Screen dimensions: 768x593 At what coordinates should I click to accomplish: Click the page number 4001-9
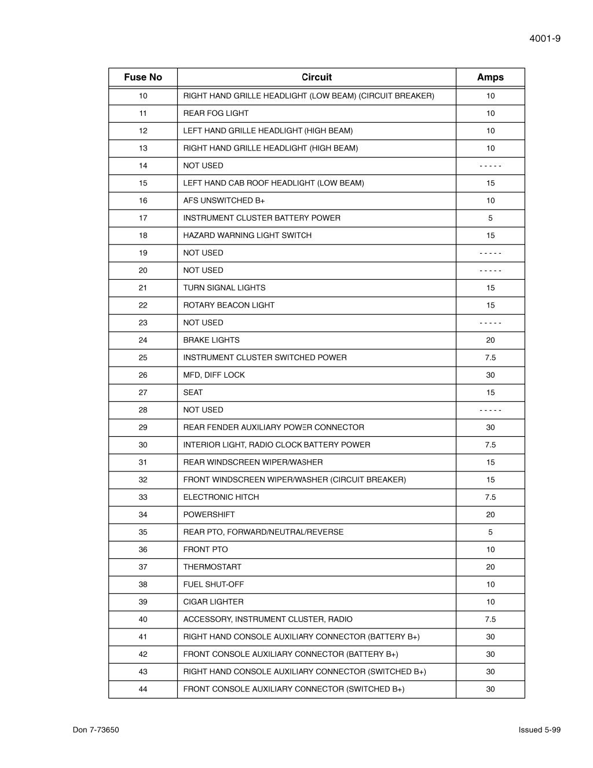[544, 39]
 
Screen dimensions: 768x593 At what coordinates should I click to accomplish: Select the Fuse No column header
[143, 77]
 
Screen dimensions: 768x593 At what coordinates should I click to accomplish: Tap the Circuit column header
[317, 77]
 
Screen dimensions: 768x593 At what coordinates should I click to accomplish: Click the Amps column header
[490, 77]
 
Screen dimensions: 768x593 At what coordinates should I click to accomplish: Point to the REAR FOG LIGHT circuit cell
[215, 114]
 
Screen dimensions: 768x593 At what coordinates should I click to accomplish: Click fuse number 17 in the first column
[143, 218]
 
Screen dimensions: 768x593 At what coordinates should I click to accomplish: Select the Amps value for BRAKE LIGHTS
[490, 341]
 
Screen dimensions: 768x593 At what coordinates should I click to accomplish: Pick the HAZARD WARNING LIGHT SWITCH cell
[247, 236]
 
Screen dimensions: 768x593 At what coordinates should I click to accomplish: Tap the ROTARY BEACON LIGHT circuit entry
[229, 305]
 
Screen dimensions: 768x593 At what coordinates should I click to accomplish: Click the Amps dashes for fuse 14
[490, 166]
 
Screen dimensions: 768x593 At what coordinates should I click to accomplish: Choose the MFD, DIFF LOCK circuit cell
[214, 375]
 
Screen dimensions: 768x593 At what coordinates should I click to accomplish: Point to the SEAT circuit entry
[193, 393]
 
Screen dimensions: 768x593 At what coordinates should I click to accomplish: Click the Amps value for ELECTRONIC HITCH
[490, 498]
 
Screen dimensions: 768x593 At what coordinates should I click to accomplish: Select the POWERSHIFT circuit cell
[208, 515]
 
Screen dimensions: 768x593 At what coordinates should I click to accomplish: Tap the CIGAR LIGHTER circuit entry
[213, 602]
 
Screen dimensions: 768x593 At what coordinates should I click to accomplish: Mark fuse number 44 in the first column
[143, 689]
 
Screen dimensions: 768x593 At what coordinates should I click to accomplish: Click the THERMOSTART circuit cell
[212, 567]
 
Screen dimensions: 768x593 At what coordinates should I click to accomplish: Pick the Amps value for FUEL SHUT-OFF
[490, 584]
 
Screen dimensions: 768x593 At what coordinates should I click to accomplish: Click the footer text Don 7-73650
[96, 730]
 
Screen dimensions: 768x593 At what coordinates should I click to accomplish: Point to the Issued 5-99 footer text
[540, 730]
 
